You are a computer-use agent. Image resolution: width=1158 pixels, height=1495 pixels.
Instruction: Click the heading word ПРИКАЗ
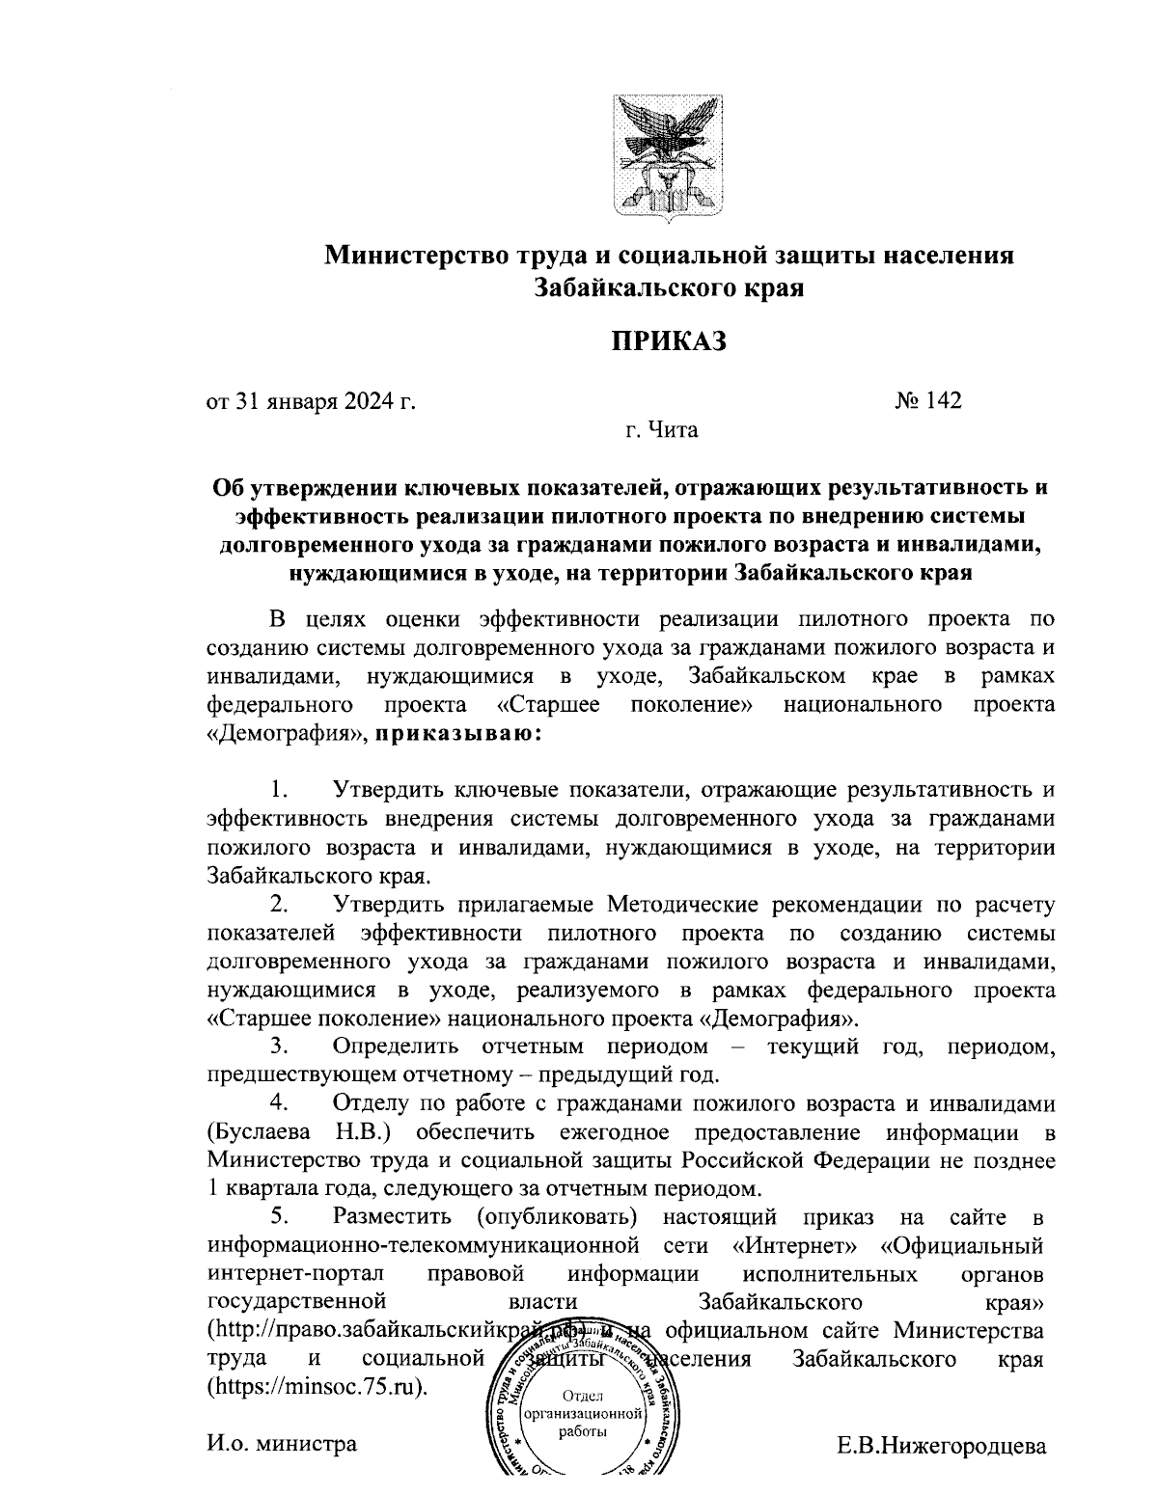(x=667, y=342)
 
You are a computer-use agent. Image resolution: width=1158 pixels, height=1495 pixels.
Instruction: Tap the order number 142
(x=928, y=400)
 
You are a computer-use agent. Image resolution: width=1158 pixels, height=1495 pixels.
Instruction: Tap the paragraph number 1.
(x=279, y=790)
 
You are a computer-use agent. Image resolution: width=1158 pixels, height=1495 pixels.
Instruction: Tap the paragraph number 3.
(x=279, y=1046)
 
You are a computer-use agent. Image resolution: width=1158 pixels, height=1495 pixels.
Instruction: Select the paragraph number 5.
(x=279, y=1216)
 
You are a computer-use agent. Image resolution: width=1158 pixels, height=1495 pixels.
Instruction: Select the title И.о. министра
(x=282, y=1444)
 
